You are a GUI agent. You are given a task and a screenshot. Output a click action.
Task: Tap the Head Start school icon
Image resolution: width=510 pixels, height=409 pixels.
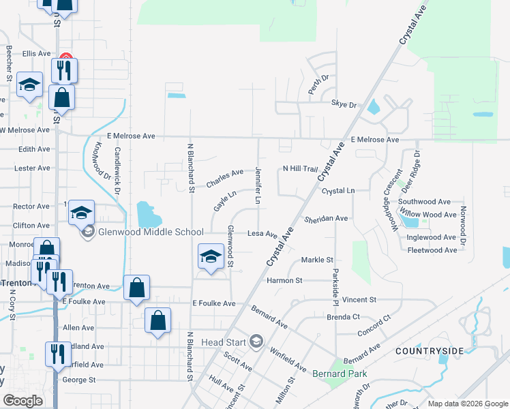coord(256,341)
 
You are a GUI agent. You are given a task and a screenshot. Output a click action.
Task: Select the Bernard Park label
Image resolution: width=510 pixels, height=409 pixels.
coord(340,374)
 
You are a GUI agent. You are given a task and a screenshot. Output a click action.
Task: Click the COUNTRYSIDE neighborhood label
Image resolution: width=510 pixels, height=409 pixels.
coord(429,350)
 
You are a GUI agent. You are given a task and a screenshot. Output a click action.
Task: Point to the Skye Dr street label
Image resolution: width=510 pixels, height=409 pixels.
coord(344,105)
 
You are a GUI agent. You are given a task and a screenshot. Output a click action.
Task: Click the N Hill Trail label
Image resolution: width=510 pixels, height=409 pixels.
coord(300,168)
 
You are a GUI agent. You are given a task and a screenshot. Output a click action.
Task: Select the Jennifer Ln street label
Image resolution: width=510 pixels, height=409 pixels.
coord(258,185)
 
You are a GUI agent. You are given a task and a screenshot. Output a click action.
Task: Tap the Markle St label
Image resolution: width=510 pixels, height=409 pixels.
coord(316,260)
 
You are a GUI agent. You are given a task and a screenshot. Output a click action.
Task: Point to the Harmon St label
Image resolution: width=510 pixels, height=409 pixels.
coord(303,280)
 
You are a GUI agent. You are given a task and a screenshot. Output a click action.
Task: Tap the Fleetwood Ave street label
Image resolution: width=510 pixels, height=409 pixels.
coord(432,250)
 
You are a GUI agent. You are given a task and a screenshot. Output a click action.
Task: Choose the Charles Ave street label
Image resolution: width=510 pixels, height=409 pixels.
coord(225,179)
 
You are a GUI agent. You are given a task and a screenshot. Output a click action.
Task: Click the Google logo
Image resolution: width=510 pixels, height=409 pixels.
coord(23,401)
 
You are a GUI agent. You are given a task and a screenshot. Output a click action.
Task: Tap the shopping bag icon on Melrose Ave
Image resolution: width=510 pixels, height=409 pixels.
coord(62,97)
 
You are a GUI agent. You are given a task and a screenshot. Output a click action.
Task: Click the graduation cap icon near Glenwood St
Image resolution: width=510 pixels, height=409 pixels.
coord(211,257)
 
